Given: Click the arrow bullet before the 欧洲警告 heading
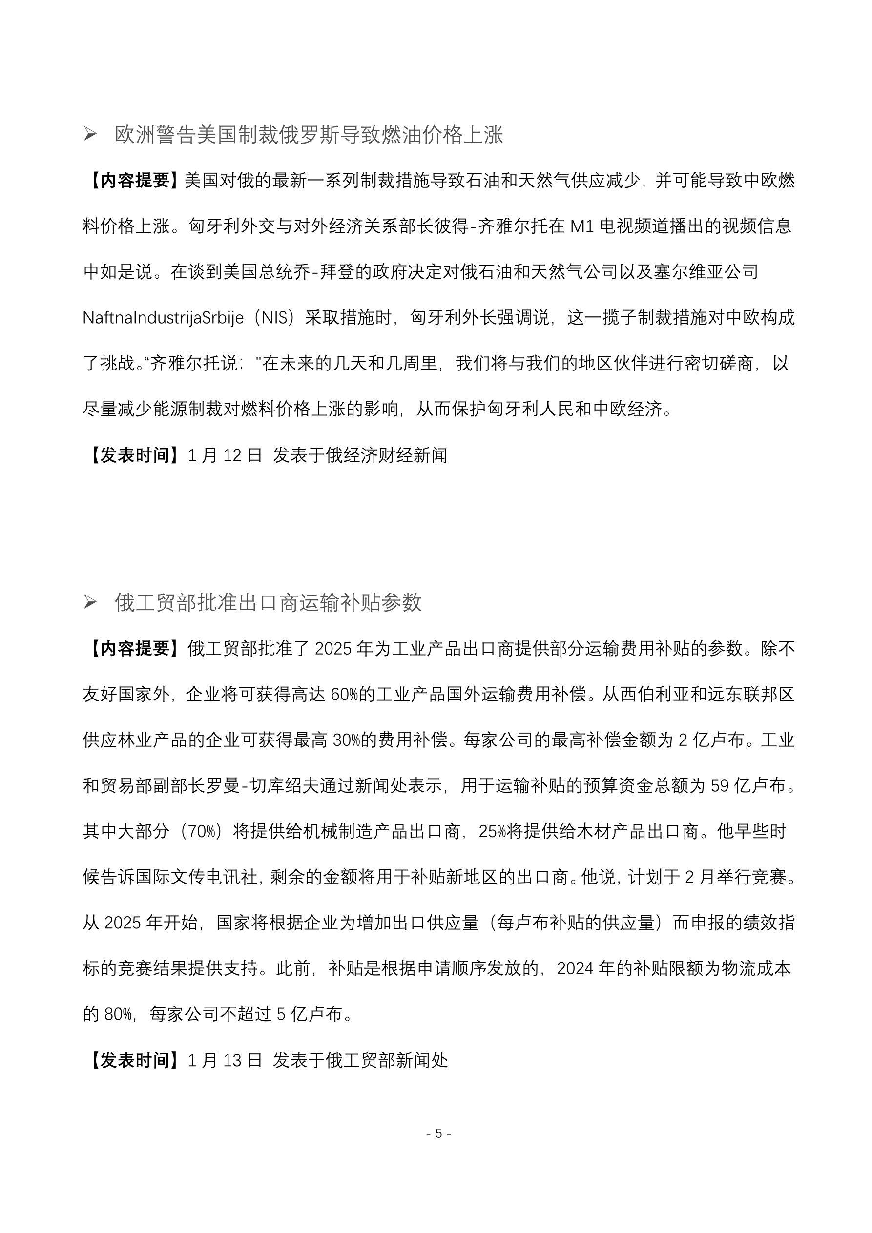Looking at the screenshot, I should [x=90, y=134].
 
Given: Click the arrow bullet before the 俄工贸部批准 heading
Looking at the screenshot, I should [x=90, y=602].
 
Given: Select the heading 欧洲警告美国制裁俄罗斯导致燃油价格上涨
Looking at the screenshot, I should [x=309, y=135].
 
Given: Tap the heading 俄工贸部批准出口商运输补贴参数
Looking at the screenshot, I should [x=268, y=603].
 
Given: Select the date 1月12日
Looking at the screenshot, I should [x=225, y=455].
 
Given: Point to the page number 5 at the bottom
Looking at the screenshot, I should [x=438, y=1133].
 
